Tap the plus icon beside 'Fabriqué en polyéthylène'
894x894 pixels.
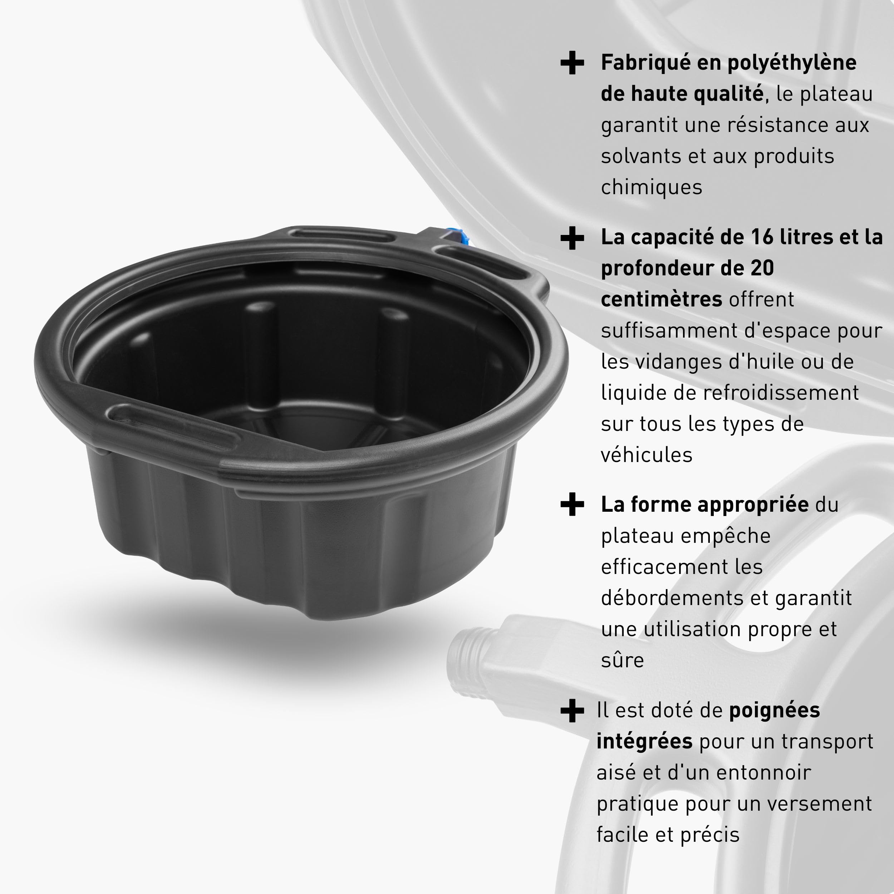coord(572,63)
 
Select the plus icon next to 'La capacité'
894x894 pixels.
coord(572,238)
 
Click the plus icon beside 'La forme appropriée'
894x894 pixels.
coord(572,504)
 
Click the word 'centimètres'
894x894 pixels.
coord(661,299)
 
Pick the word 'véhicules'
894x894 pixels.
coord(647,455)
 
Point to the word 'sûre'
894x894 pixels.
coord(622,660)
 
